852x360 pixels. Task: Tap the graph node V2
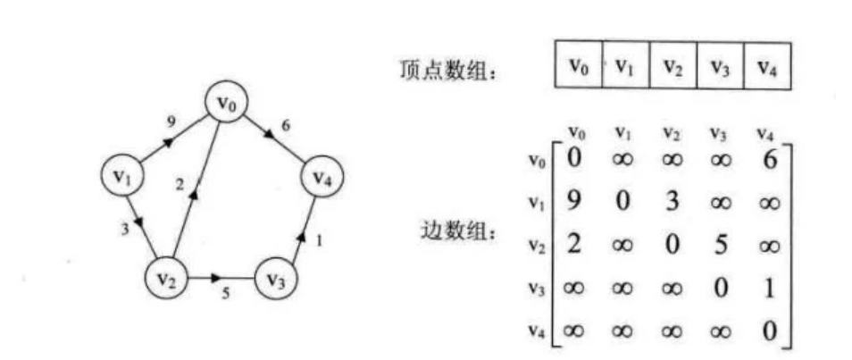point(166,277)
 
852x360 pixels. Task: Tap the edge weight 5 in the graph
point(224,293)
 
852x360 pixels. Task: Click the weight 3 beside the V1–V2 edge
point(124,230)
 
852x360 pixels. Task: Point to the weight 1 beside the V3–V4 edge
point(320,241)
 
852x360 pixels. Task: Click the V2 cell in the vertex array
point(672,65)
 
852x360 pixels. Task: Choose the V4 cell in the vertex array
point(765,65)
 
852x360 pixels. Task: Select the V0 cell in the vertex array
point(579,65)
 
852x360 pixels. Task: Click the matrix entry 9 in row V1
point(573,204)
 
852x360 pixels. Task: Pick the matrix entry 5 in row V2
point(720,245)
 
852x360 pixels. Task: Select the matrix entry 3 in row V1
point(672,204)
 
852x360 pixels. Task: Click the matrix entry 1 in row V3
point(767,289)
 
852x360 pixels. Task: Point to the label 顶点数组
point(447,70)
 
